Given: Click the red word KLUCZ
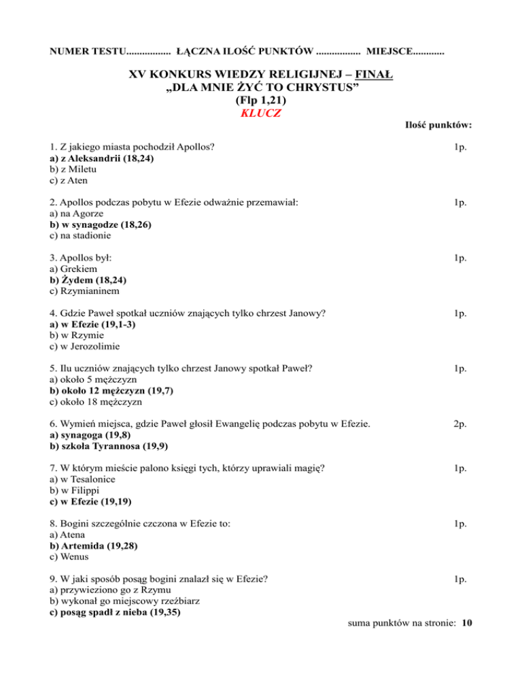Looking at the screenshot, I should tap(260, 113).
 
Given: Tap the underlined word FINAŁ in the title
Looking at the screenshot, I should tap(370, 73).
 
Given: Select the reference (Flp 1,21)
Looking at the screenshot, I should tap(260, 100).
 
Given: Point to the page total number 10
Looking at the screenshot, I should tap(466, 621).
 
